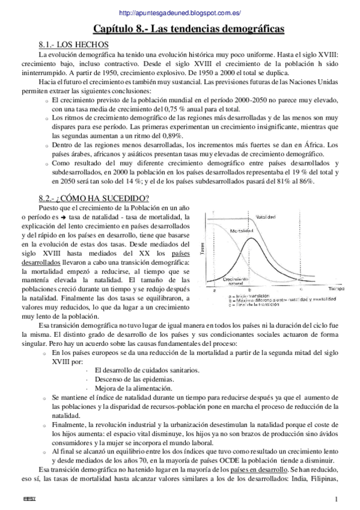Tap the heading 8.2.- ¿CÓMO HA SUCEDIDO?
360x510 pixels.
[93, 198]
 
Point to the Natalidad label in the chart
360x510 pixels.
[266, 217]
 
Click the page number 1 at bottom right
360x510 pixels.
[337, 499]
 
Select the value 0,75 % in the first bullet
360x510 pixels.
[172, 109]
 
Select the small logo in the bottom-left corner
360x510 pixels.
[28, 499]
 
